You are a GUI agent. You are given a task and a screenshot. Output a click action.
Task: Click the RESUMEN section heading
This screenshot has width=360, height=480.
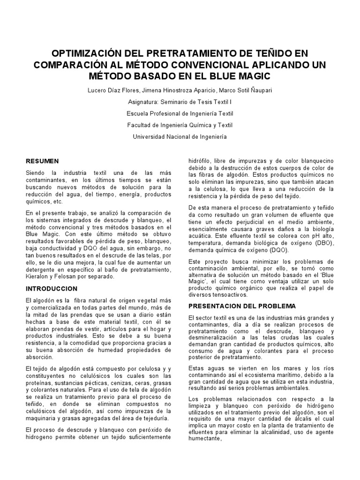[x=42, y=161]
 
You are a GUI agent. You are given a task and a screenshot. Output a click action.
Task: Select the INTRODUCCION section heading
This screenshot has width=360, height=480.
[x=52, y=288]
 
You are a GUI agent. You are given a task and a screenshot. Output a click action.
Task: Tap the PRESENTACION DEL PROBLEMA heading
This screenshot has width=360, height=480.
[x=242, y=306]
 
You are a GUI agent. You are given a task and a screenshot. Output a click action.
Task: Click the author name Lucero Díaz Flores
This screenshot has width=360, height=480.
[x=111, y=89]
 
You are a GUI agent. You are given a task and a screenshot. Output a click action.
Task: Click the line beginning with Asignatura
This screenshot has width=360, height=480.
[x=180, y=101]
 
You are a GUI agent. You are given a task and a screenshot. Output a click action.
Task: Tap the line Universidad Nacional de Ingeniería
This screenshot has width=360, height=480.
[x=180, y=136]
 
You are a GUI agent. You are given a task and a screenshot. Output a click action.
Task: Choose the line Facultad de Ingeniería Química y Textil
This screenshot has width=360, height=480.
[x=180, y=125]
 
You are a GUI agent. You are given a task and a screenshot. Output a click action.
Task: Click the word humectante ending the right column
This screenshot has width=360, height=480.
[x=204, y=440]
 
